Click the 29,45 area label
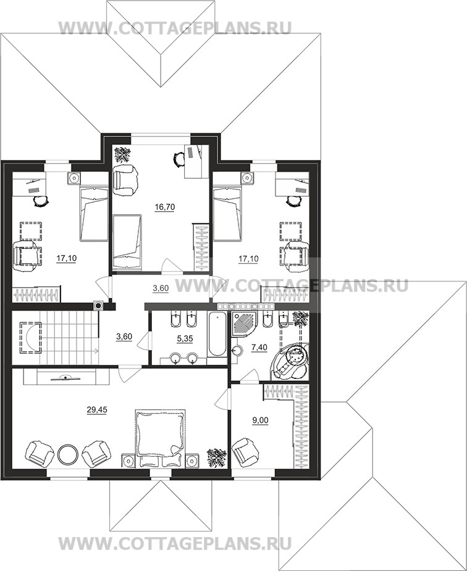(x=97, y=410)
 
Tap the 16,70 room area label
(x=165, y=207)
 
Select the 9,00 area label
(x=261, y=420)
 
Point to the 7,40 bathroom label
(x=259, y=348)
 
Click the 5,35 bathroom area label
(x=185, y=339)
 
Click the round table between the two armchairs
(x=67, y=454)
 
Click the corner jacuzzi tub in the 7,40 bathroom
(x=290, y=361)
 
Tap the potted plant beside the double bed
(x=217, y=457)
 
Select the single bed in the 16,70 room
(x=127, y=242)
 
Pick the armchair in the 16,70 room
(x=125, y=179)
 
